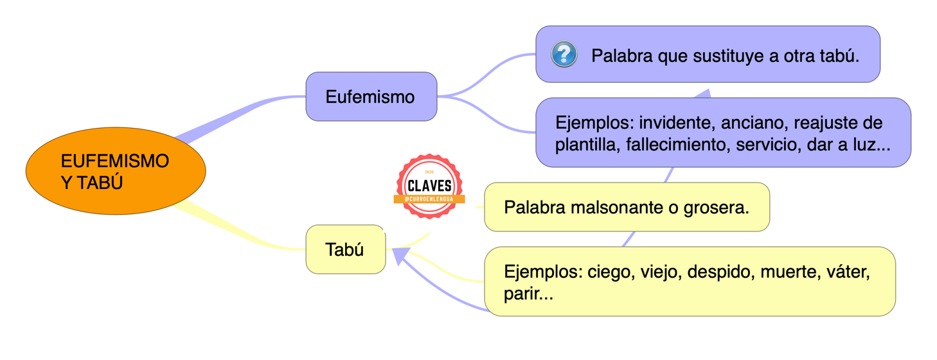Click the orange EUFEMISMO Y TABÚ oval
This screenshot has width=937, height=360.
click(116, 171)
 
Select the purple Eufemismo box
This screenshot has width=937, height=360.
click(371, 97)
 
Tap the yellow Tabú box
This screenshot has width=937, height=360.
click(345, 249)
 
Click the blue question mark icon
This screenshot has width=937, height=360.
click(564, 55)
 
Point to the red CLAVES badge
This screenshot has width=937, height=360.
click(429, 186)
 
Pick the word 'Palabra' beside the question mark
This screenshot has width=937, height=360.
click(620, 56)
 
